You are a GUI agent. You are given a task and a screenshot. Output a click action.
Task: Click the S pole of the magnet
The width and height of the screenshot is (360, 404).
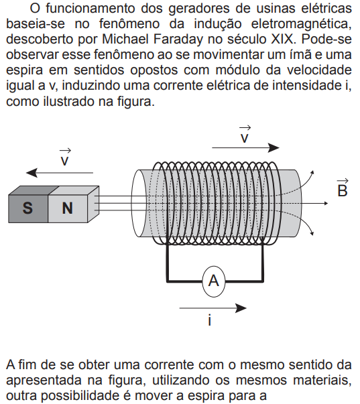[x=28, y=208]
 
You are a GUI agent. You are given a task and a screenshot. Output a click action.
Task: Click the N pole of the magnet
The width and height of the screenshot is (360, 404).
[x=68, y=208]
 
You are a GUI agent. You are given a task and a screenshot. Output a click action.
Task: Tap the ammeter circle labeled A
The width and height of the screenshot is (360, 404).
[x=214, y=281]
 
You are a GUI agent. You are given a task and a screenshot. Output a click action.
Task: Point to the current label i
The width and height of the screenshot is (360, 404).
[x=210, y=320]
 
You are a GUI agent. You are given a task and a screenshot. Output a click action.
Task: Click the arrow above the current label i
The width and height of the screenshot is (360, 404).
[x=213, y=308]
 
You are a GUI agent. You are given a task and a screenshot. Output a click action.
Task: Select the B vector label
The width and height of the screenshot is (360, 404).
[x=343, y=188]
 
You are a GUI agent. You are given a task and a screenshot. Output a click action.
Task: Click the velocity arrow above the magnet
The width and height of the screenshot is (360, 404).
[x=60, y=173]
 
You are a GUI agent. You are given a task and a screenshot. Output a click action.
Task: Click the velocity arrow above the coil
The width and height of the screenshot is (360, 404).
[x=245, y=147]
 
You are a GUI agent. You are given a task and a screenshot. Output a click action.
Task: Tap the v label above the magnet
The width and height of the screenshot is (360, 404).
[x=65, y=157]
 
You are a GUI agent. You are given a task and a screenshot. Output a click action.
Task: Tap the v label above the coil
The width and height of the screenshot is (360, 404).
[x=245, y=135]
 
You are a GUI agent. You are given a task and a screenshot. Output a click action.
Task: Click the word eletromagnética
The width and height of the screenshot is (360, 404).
[x=302, y=24]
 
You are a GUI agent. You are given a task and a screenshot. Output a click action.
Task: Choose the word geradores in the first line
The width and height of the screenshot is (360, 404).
[x=199, y=8]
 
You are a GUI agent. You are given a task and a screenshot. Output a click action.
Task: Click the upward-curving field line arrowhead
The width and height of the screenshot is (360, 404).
[x=312, y=173]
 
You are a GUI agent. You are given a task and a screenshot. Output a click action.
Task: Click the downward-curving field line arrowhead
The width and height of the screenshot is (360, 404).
[x=312, y=233]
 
